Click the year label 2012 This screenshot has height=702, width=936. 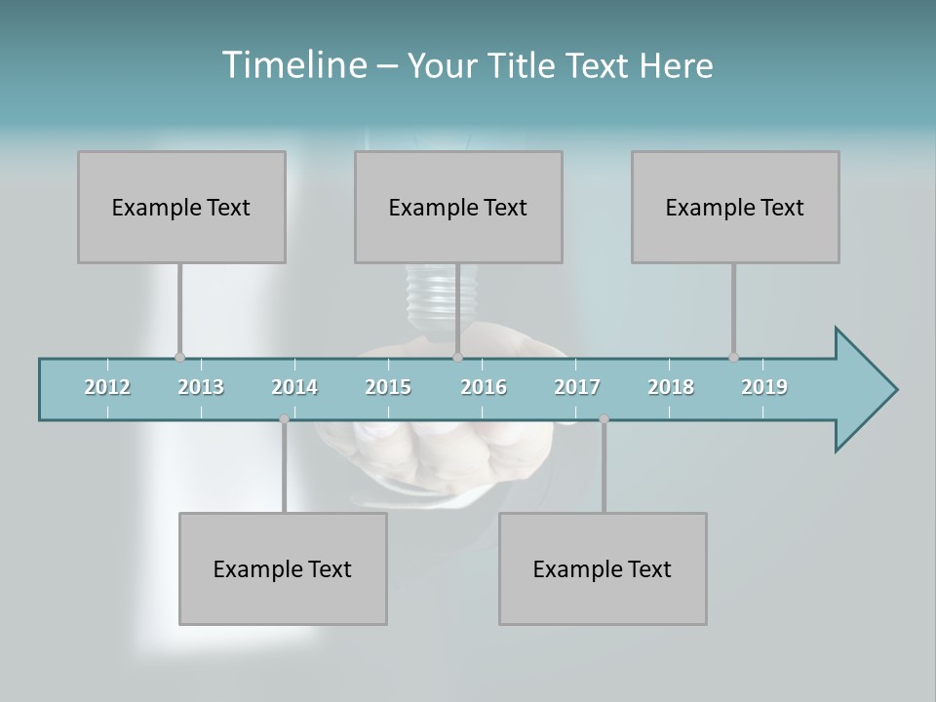pos(107,387)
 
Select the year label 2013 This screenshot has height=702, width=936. pos(201,387)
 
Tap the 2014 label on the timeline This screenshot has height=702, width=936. pos(294,387)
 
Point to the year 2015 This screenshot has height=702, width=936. pos(388,387)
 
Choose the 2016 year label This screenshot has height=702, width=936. pos(484,387)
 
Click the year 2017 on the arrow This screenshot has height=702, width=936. pos(577,387)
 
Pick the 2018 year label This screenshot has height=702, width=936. pos(671,387)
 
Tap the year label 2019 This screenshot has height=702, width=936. pos(764,387)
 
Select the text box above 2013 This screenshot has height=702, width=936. pos(181,207)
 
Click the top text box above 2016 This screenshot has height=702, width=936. pos(458,207)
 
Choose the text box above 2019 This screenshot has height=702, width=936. pos(735,207)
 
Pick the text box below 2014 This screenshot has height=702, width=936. pos(283,568)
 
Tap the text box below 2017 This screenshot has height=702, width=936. pos(603,568)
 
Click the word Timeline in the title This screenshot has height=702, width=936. pos(292,65)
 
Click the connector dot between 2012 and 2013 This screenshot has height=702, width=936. pos(179,358)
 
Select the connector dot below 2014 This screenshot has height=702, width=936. pos(284,419)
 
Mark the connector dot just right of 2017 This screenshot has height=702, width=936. pos(604,419)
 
